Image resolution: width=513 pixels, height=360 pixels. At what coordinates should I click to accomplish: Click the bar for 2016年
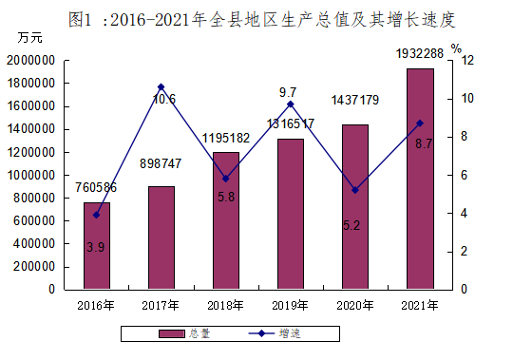pos(97,246)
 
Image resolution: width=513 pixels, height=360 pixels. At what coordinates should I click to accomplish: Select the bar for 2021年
pos(420,179)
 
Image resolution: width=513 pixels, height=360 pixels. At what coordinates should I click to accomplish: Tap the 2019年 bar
pos(291,214)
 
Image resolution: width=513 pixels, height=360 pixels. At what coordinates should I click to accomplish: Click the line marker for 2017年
pos(161,87)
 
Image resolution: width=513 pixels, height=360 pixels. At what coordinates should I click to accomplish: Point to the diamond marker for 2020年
pos(355,190)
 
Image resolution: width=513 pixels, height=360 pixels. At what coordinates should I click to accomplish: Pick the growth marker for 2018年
pos(226,179)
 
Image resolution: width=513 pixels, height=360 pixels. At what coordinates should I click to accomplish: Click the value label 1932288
pos(420,53)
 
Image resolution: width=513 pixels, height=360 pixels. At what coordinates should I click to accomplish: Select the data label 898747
pos(161,163)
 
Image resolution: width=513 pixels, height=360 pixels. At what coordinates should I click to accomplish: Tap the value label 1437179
pos(355,100)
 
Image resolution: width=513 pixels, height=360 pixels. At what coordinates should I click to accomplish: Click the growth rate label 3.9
pos(96,247)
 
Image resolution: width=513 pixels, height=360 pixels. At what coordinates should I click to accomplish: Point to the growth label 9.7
pos(288,92)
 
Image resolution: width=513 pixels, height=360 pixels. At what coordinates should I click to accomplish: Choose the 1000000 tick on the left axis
pos(30,176)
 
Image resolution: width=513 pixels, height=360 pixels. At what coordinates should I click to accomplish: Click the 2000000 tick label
pos(30,61)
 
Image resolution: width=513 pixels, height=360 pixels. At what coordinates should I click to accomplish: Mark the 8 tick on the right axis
pos(464,137)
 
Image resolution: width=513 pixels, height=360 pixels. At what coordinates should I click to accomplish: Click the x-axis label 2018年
pos(225,306)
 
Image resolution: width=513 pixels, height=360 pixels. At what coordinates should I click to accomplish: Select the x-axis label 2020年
pos(355,306)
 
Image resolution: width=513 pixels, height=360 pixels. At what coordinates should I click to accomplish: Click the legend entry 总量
pos(184,333)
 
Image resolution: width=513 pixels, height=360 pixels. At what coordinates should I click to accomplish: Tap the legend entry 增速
pos(275,333)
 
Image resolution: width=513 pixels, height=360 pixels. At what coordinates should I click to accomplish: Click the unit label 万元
pos(29,38)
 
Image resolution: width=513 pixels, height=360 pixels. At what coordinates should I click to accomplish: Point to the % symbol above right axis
pos(456,48)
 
